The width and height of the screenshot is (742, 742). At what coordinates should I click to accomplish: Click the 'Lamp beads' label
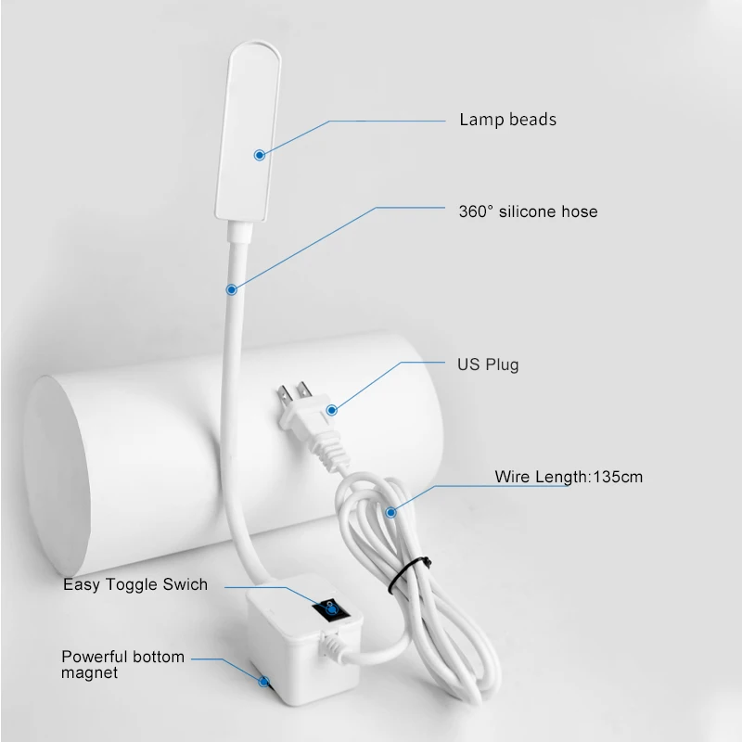(x=507, y=120)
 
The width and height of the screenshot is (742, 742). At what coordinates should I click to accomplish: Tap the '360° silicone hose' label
(x=528, y=211)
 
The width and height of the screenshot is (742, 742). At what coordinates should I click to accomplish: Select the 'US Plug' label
(x=488, y=365)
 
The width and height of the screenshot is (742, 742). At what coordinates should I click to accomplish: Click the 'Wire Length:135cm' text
(x=569, y=478)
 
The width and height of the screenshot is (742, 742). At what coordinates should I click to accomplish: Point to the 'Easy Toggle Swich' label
(x=135, y=585)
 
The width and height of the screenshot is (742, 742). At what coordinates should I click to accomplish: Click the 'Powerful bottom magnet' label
(x=122, y=664)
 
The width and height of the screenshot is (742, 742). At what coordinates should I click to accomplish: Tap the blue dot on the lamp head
(x=261, y=156)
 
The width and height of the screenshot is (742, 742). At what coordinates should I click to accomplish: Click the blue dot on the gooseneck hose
(x=229, y=288)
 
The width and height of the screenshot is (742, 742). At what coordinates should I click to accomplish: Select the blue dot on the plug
(x=332, y=408)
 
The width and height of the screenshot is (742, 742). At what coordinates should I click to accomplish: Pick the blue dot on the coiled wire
(x=391, y=510)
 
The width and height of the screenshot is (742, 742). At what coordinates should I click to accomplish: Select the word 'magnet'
(x=90, y=672)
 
